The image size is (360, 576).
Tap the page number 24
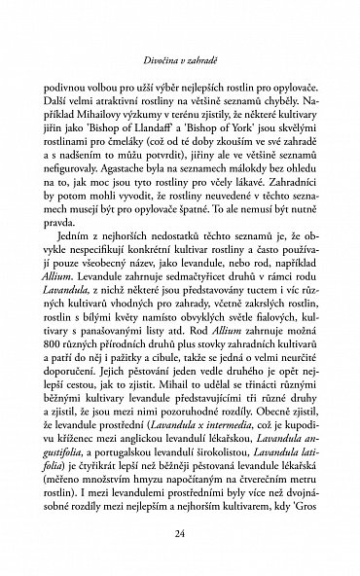[180, 533]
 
